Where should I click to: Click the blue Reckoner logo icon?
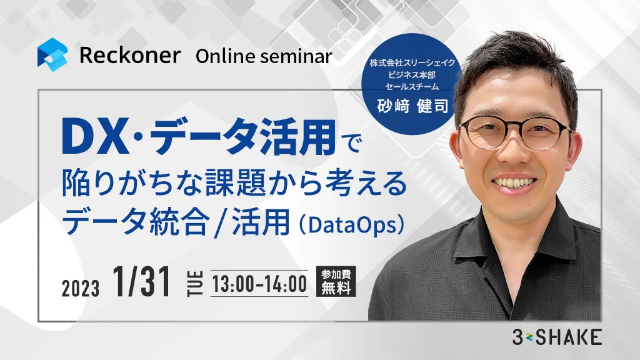click(x=52, y=55)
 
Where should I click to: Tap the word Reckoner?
click(x=130, y=56)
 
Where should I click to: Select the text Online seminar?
click(x=264, y=56)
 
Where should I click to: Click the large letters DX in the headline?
click(x=96, y=137)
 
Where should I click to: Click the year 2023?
click(x=81, y=288)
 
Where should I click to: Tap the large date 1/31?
click(x=142, y=282)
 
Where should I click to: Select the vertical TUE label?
click(x=195, y=283)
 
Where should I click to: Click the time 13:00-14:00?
click(x=259, y=284)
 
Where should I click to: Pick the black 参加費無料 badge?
click(x=336, y=281)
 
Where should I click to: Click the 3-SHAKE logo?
click(x=557, y=337)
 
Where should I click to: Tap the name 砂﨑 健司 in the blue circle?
click(x=412, y=106)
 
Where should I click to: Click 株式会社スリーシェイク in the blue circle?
click(x=412, y=63)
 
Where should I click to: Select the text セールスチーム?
click(x=412, y=86)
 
